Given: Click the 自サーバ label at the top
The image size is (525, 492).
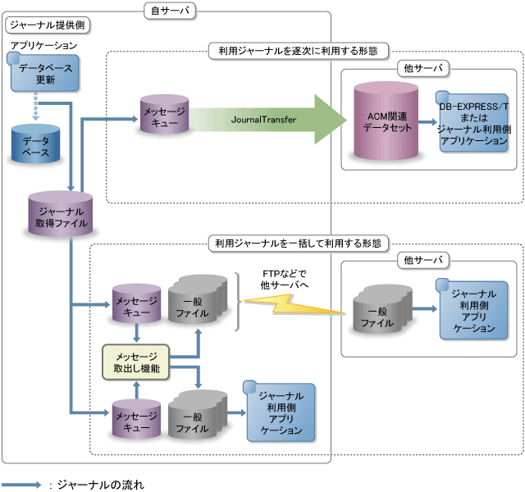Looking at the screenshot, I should (x=168, y=11).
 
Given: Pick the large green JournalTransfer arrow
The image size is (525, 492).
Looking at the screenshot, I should (x=271, y=120).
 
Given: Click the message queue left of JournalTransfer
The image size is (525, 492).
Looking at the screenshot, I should (x=163, y=119).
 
